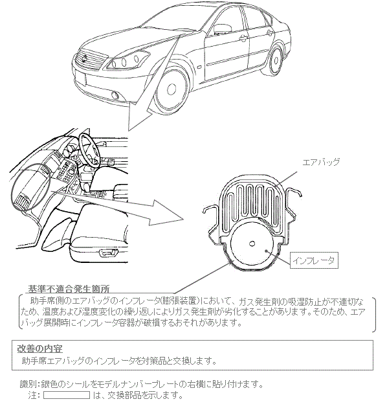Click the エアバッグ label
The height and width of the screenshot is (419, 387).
(321, 162)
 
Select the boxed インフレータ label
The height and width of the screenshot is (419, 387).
(314, 260)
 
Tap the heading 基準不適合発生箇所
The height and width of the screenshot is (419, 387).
(69, 289)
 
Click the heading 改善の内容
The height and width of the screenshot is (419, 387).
(39, 348)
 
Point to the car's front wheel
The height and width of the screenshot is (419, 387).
(171, 89)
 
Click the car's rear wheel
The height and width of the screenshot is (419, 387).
(275, 60)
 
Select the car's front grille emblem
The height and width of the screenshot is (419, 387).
(85, 58)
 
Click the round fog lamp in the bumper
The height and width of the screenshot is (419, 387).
(116, 95)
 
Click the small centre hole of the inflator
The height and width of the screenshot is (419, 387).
(252, 243)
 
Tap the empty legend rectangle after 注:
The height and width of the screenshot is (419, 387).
(67, 395)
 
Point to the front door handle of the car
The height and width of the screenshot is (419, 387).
(243, 38)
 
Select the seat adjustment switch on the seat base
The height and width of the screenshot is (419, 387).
(108, 252)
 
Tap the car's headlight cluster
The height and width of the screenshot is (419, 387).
(127, 60)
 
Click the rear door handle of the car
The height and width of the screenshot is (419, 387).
(269, 33)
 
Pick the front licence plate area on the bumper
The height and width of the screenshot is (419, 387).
(81, 78)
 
